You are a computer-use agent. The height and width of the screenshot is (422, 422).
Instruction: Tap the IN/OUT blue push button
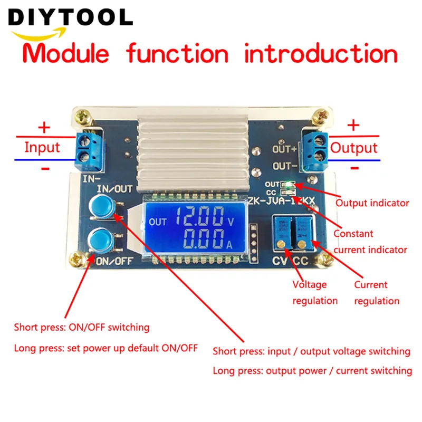[102, 206]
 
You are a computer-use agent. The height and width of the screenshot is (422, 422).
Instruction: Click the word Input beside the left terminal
[42, 147]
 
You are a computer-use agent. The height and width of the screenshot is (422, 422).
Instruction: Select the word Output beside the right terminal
[354, 147]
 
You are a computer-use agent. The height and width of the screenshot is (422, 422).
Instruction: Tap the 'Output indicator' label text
[372, 203]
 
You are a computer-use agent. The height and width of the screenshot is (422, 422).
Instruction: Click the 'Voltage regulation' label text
[315, 293]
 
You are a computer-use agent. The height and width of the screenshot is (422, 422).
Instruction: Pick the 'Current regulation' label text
[377, 293]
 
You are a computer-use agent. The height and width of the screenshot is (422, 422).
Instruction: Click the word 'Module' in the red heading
[69, 54]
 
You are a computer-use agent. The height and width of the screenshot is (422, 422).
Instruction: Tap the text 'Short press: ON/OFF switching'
[82, 328]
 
